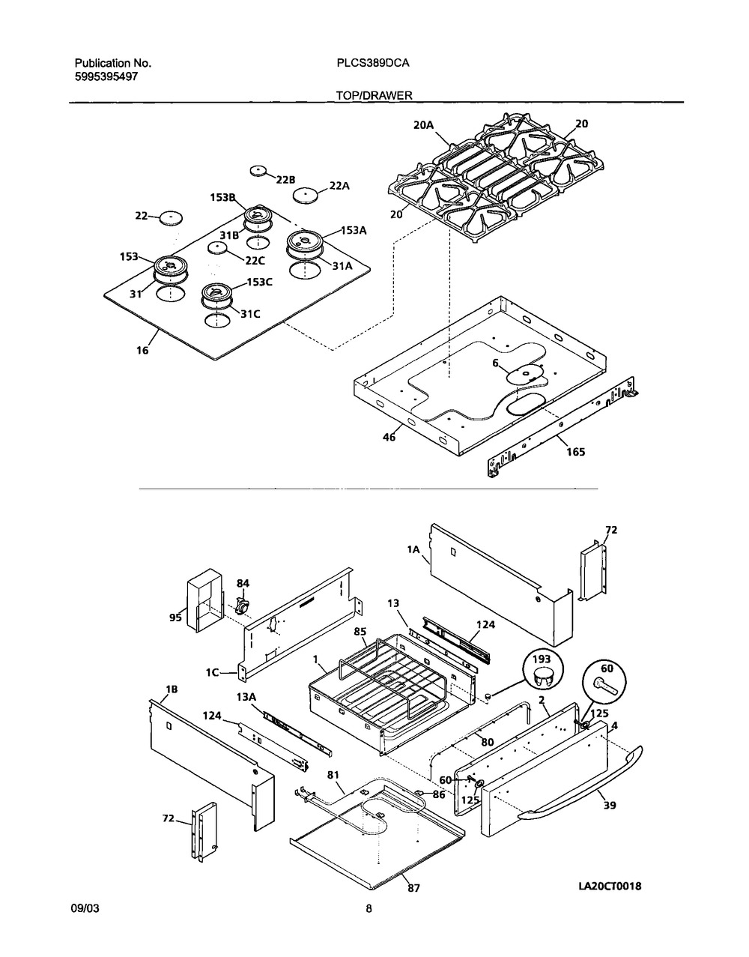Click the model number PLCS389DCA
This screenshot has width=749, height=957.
[373, 63]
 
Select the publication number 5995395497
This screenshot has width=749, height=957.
[106, 76]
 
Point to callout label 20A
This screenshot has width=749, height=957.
[423, 125]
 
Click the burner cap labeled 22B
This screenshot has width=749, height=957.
[258, 171]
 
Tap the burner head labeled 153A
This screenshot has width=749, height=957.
[305, 242]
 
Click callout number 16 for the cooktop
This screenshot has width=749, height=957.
[142, 350]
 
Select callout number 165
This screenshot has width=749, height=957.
[576, 452]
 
